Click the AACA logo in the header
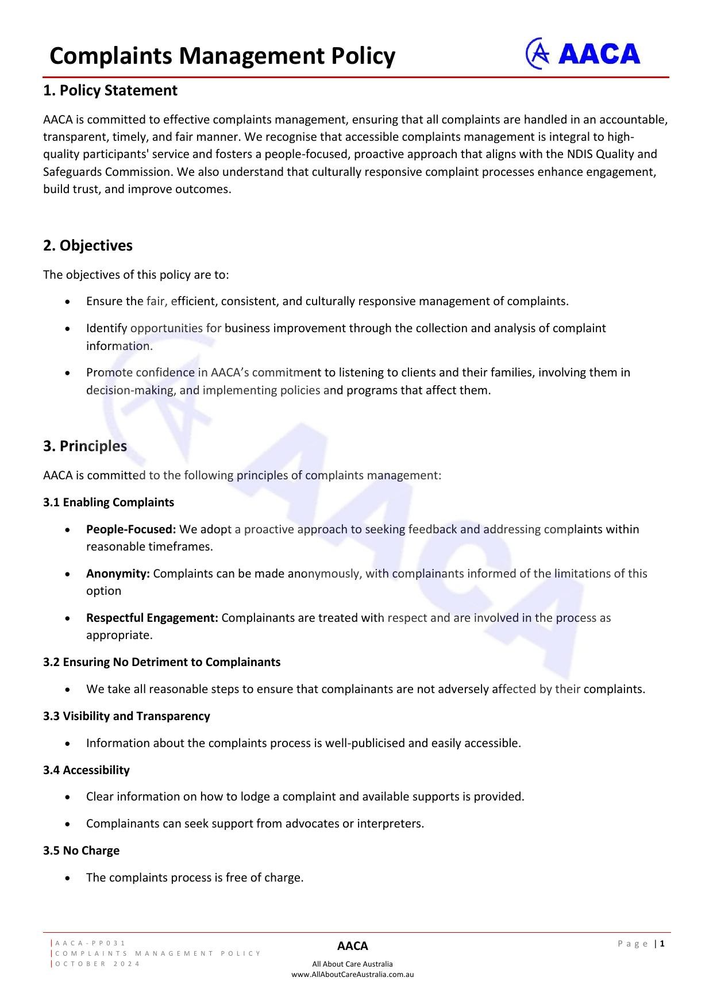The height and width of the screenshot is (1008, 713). pos(583,54)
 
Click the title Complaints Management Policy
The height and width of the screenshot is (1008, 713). pos(222,56)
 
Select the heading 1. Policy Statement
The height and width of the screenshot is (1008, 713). pos(110,91)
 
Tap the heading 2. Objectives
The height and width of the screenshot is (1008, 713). pos(88,245)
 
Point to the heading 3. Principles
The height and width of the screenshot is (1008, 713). pos(85,446)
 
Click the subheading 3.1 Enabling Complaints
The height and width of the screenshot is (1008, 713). pos(109,502)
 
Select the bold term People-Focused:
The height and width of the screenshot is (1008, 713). pos(131,529)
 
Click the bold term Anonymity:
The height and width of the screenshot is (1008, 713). pos(118,574)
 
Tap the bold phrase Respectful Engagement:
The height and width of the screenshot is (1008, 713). pos(152,618)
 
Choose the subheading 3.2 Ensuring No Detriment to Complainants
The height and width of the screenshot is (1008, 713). pos(162,662)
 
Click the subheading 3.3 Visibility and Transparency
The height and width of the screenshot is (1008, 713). pos(126,716)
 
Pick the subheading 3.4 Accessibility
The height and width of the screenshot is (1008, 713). pos(86,770)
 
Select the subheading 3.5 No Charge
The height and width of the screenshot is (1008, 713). pos(82,851)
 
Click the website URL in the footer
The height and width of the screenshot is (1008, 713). pos(352,974)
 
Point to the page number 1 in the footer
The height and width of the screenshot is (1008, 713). pos(662,944)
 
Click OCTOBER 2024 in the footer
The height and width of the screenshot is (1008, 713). pos(98,964)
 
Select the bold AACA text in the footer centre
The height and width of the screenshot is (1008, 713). pos(352,946)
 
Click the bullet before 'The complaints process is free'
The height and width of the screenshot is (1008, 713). pos(68,878)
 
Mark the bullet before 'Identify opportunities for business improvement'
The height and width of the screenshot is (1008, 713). pos(68,329)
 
